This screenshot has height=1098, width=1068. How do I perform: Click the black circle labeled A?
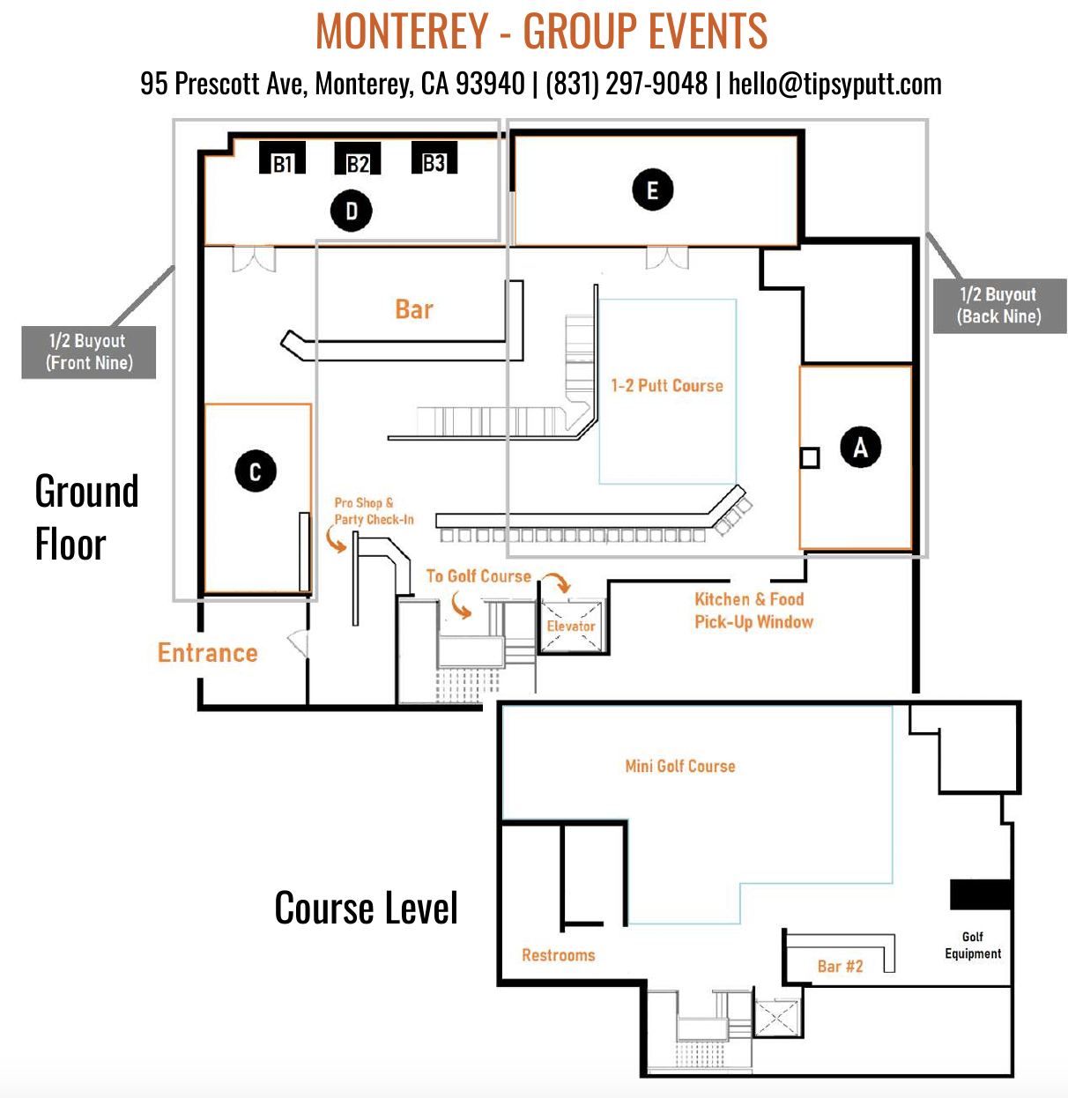click(860, 447)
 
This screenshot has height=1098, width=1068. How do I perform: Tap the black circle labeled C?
click(256, 471)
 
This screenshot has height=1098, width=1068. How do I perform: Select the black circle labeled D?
click(351, 211)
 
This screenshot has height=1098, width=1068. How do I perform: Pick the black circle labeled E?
click(653, 190)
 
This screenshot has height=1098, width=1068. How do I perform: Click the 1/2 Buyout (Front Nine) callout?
click(89, 352)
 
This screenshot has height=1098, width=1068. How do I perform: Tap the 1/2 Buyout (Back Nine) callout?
click(999, 306)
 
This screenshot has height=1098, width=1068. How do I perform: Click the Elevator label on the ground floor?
click(571, 627)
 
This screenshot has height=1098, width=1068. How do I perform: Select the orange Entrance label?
click(208, 653)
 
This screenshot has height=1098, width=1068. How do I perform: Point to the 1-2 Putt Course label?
click(667, 386)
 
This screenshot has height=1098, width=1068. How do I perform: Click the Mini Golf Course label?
click(680, 767)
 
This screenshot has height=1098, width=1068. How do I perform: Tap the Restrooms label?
click(559, 955)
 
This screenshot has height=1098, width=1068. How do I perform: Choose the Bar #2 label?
click(840, 967)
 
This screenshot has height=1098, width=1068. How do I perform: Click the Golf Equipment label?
click(973, 946)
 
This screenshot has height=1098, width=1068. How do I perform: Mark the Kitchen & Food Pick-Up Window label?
click(753, 611)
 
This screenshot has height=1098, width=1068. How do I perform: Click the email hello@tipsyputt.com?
click(834, 84)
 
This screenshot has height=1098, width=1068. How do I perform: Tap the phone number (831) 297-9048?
click(627, 84)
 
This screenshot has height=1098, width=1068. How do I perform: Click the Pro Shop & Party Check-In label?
click(374, 511)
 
